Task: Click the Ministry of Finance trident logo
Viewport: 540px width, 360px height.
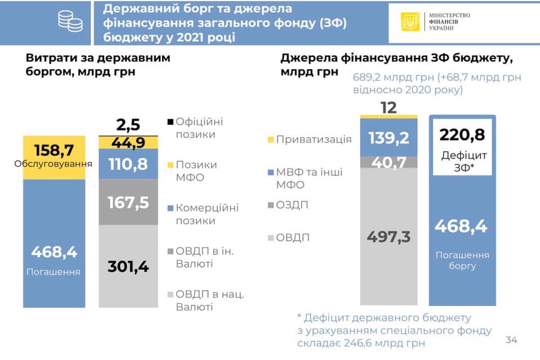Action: [410, 21]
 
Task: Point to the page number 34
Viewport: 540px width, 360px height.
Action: [511, 340]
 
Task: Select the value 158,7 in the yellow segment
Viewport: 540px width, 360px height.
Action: [54, 151]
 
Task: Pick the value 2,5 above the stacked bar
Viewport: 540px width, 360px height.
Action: [128, 124]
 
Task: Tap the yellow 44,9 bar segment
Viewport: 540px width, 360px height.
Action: [128, 142]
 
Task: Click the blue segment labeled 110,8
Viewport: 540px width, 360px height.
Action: [128, 164]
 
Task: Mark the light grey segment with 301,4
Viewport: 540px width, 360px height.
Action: [128, 265]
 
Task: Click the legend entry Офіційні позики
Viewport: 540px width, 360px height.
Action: [195, 128]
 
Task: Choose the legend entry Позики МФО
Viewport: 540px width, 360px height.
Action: [195, 171]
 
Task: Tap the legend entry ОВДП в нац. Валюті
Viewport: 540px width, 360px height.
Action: [205, 300]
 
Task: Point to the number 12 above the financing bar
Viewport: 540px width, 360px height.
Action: [389, 107]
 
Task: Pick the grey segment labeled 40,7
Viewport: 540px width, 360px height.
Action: [389, 162]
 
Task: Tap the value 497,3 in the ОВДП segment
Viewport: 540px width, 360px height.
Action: [389, 237]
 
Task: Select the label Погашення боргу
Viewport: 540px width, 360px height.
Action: [462, 260]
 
